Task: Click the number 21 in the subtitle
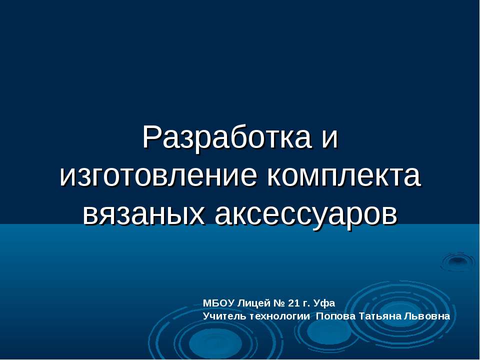coord(294,303)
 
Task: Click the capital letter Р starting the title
coord(151,137)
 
